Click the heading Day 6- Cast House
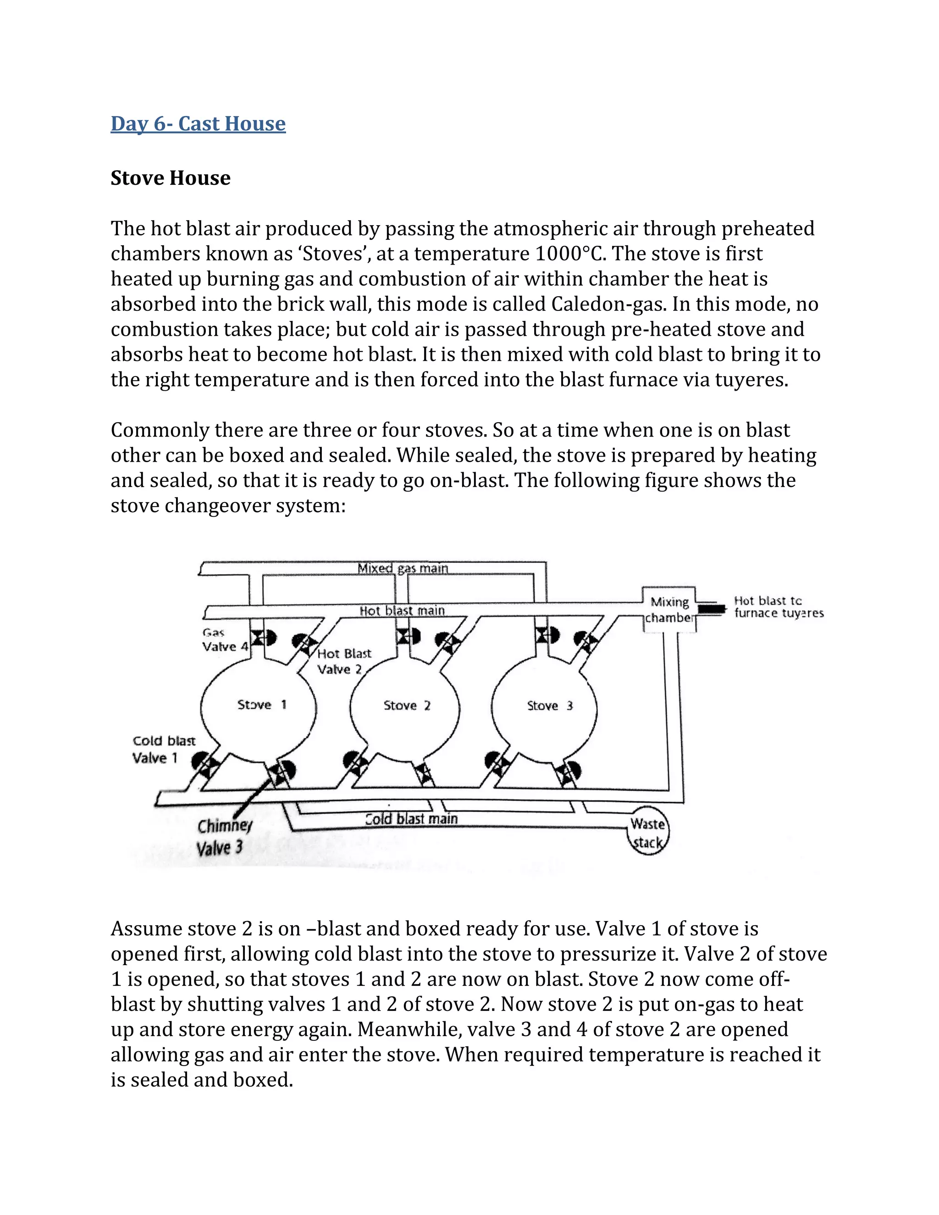coord(198,123)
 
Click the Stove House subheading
coord(170,178)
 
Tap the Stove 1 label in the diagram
coord(261,705)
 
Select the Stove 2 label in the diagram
coord(407,706)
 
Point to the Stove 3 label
coord(550,706)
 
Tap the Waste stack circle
coord(647,833)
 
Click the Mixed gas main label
coord(403,568)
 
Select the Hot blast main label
coord(402,611)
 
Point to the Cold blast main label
coord(411,819)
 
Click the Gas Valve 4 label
coord(224,640)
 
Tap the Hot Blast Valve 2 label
coord(344,661)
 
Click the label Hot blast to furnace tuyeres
coord(778,607)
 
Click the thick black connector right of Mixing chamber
coord(712,609)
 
